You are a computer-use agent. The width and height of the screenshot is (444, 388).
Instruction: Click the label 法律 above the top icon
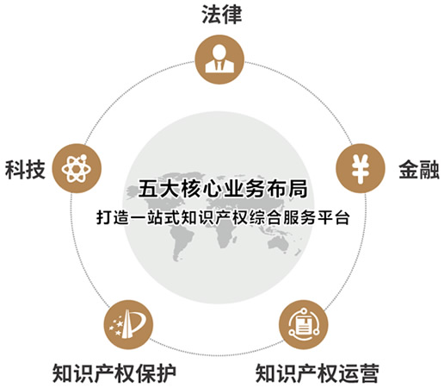[222, 15]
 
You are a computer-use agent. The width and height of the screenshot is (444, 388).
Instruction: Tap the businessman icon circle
[219, 59]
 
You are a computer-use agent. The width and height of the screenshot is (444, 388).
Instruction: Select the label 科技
[25, 170]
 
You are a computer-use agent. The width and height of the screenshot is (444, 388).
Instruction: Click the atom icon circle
[77, 168]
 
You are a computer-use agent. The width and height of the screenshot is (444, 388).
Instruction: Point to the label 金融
[419, 170]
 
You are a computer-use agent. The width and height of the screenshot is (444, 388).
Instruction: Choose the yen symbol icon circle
[361, 168]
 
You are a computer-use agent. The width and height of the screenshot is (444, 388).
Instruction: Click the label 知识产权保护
[114, 373]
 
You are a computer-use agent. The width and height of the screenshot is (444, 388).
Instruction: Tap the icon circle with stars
[128, 325]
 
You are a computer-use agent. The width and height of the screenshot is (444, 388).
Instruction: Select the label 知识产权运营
[318, 373]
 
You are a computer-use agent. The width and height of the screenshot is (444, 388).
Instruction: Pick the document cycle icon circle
[304, 325]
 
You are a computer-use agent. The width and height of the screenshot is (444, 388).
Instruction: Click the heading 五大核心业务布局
[223, 189]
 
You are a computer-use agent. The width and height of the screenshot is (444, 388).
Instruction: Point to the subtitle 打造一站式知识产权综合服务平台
[223, 217]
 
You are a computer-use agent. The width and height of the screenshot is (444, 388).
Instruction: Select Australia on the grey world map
[278, 244]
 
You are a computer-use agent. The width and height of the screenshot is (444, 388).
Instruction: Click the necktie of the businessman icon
[219, 66]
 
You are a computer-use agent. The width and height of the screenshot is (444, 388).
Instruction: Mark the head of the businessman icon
[219, 52]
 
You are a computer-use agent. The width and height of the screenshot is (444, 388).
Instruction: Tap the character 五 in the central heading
[148, 189]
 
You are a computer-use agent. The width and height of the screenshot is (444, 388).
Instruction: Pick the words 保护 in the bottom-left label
[156, 373]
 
